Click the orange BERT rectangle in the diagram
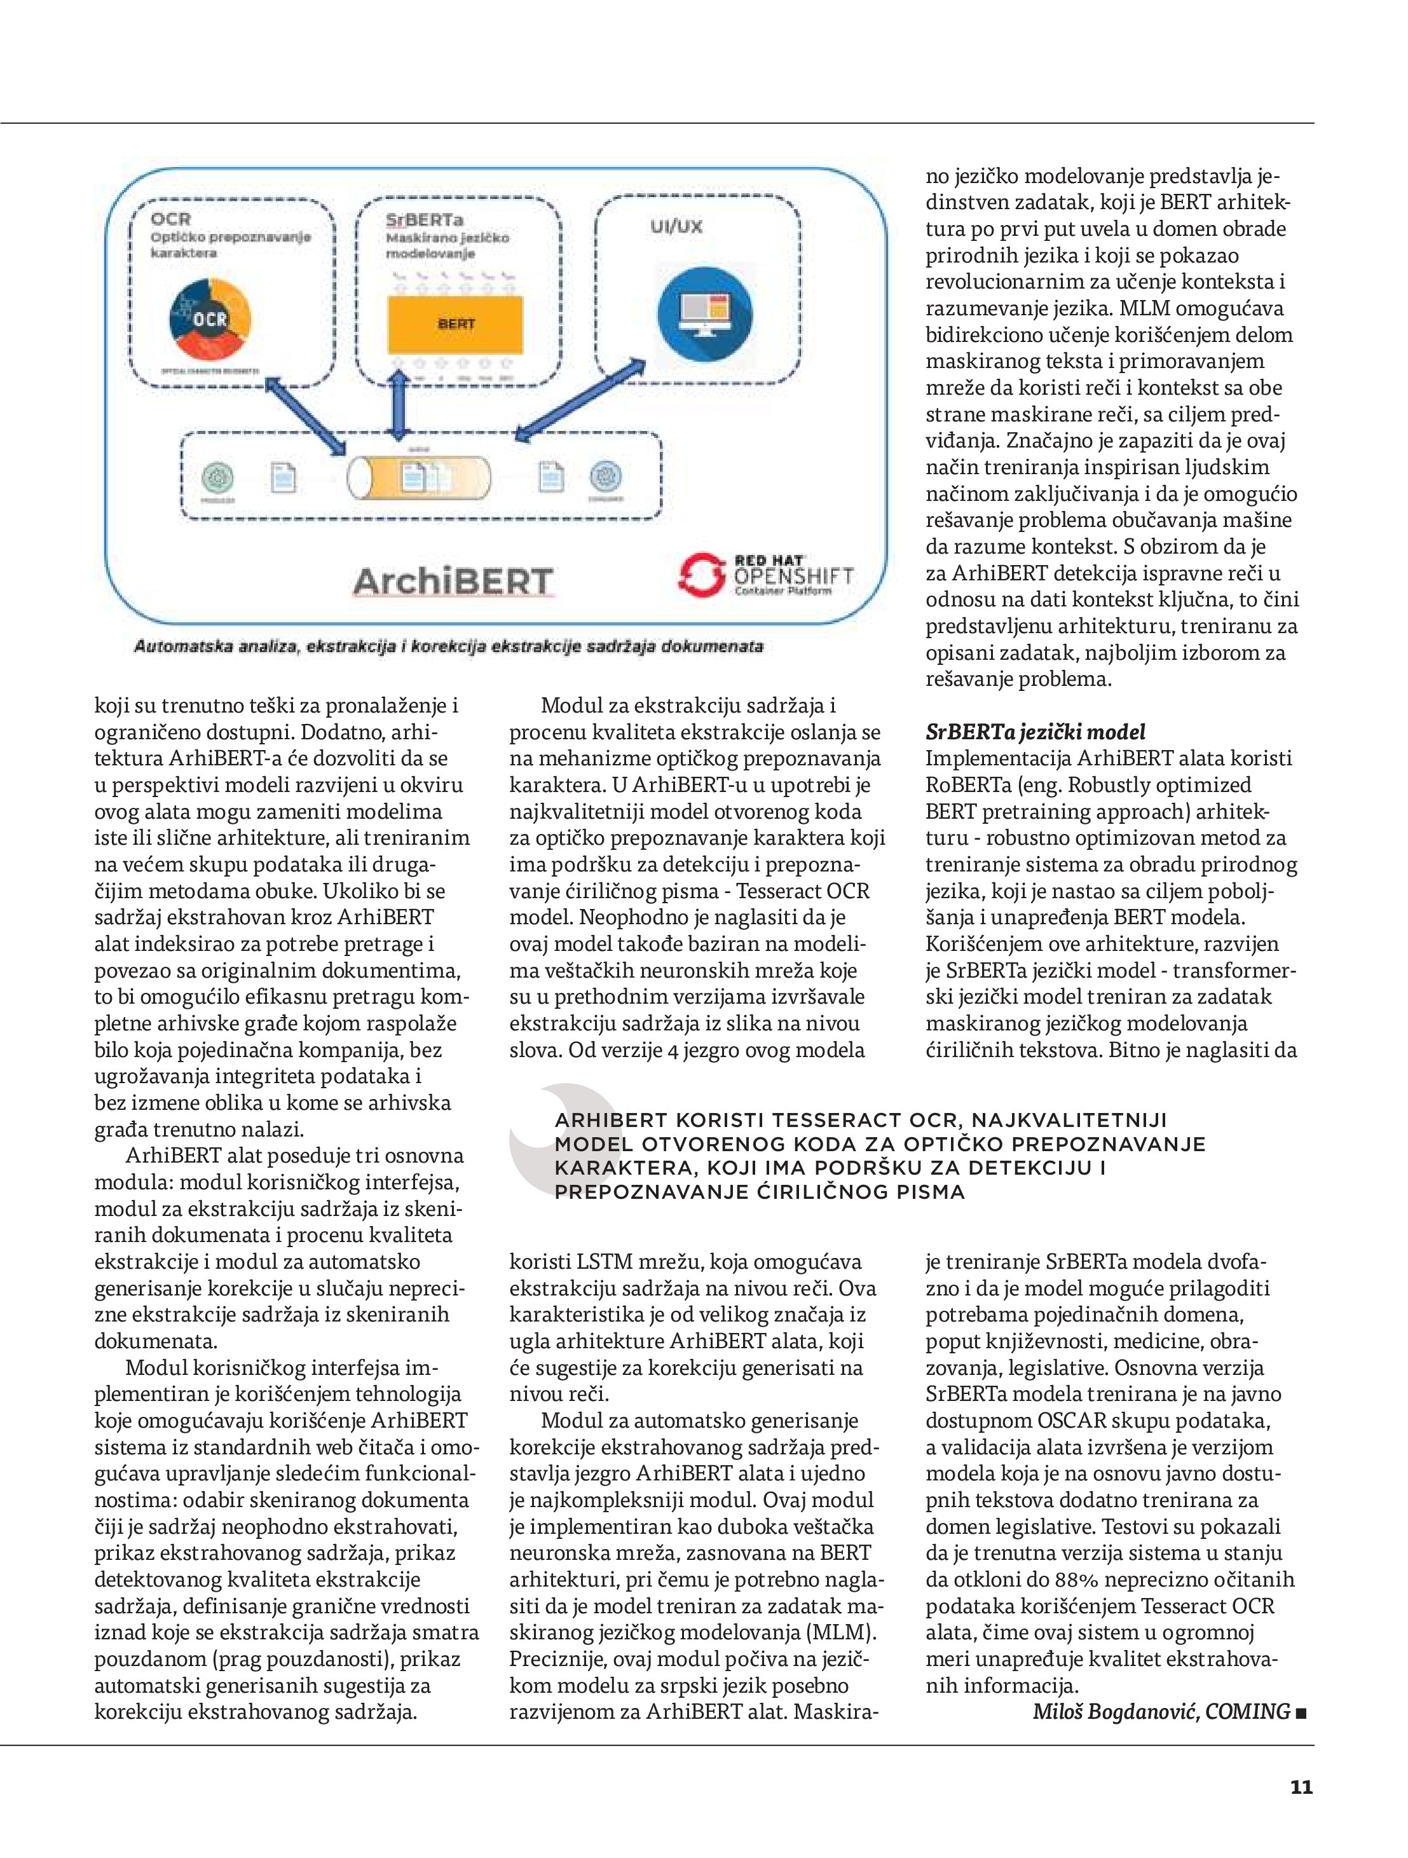tap(455, 324)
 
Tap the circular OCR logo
tap(210, 319)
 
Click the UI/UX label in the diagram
tap(676, 227)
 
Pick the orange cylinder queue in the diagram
tap(418, 478)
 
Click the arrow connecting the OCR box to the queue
tap(306, 416)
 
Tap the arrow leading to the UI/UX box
tap(580, 400)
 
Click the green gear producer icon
tap(219, 478)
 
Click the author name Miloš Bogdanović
tap(1116, 1712)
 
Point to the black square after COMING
tap(1302, 1714)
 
